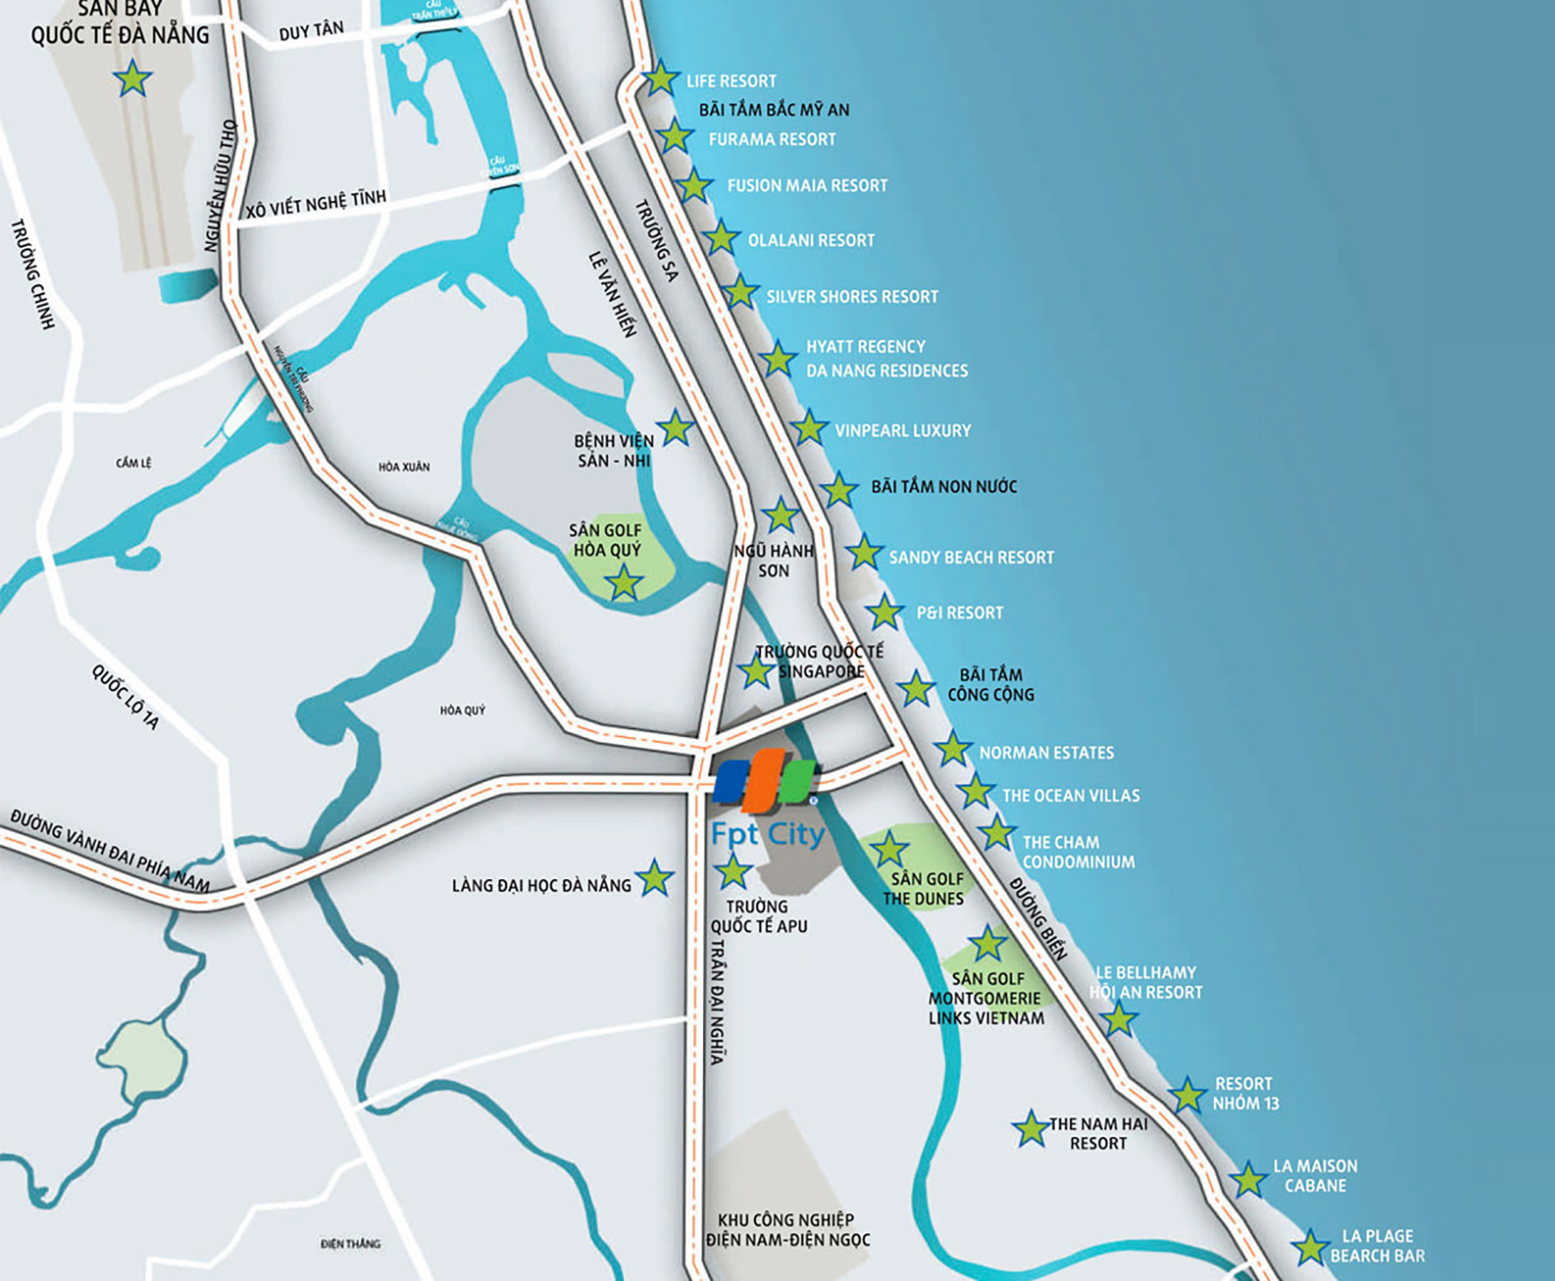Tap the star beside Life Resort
coord(661,79)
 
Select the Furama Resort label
coord(772,139)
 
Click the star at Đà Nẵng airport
coord(133,79)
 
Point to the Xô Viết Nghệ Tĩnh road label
coord(316,203)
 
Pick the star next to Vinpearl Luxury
coord(809,428)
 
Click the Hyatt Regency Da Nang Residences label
coord(886,358)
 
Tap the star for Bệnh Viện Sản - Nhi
coord(675,429)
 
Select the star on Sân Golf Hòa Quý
coord(623,583)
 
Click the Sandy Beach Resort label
coord(971,557)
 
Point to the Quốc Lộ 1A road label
coord(125,697)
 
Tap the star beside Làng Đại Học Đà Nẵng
coord(655,879)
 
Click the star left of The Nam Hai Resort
coord(1031,1129)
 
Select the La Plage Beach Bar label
coord(1377,1245)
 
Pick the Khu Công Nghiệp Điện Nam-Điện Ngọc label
coord(787,1230)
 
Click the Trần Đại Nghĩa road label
coord(717,1001)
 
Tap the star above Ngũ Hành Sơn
coord(781,515)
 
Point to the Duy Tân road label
coord(311,31)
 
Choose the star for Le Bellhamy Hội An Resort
coord(1118,1018)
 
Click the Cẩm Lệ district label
coord(133,463)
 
